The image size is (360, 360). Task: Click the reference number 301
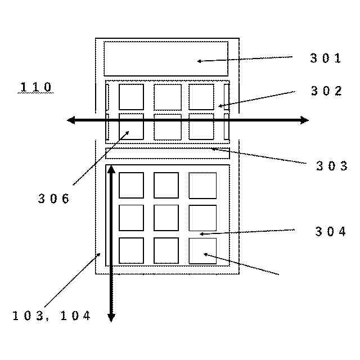click(x=326, y=57)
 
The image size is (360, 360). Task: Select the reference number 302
click(x=326, y=91)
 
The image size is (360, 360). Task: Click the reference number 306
click(x=54, y=198)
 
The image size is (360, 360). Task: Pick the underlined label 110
click(x=36, y=87)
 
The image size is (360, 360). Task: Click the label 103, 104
click(x=51, y=316)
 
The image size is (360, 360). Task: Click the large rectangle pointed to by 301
click(x=166, y=58)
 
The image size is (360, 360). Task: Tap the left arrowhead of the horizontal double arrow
click(x=71, y=120)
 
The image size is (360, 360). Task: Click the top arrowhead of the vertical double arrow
click(x=111, y=169)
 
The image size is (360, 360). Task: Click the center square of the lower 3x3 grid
click(x=166, y=218)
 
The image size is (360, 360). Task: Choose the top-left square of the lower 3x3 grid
click(x=131, y=185)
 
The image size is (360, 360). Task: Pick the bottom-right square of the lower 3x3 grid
click(x=202, y=250)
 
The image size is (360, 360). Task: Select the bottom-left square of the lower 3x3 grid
click(x=131, y=250)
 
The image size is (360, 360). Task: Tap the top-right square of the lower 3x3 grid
click(x=202, y=185)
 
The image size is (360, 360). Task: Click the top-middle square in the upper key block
click(x=168, y=97)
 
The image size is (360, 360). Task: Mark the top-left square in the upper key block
click(x=131, y=97)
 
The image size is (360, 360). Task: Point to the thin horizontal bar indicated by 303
click(x=167, y=153)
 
